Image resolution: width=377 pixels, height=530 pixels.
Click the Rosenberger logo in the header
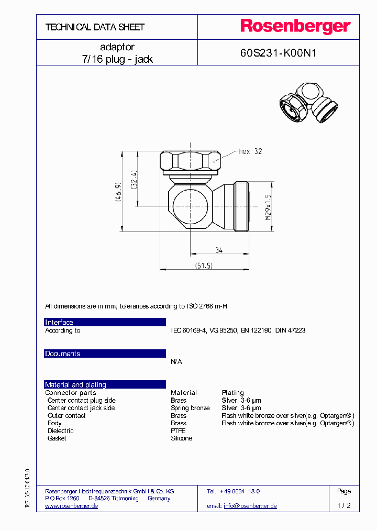[x=295, y=26]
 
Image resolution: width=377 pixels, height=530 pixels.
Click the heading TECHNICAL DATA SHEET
[x=95, y=27]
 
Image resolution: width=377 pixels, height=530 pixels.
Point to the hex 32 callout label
[x=250, y=152]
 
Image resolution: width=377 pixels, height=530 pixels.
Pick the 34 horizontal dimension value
[x=219, y=250]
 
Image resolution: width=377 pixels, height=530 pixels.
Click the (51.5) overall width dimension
[x=204, y=266]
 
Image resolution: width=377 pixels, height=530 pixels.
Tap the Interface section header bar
[x=105, y=323]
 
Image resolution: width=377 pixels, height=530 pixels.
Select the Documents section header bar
[x=105, y=354]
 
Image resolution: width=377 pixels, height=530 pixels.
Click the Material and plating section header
[x=105, y=384]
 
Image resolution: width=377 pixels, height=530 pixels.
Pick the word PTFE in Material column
[x=178, y=431]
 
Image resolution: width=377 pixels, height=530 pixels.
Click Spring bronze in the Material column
[x=190, y=408]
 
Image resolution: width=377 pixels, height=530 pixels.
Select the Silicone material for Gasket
[x=181, y=438]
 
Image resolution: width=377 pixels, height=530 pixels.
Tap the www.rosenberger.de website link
[x=72, y=506]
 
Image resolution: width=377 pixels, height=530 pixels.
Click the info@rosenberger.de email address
[x=250, y=506]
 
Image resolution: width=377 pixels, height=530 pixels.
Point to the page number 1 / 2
[x=343, y=506]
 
